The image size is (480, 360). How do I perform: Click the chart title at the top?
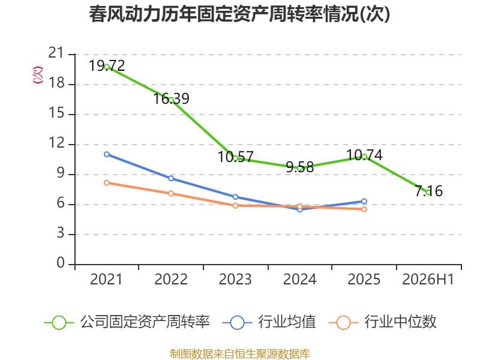239,14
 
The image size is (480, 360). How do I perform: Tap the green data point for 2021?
107,67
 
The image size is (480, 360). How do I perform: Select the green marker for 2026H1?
428,193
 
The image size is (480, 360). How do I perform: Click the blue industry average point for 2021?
107,154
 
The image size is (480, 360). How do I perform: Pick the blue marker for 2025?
364,202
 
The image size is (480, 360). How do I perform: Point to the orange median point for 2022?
171,193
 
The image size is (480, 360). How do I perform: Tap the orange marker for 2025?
364,209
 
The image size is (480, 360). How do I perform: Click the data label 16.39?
171,98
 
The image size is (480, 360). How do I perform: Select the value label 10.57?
235,157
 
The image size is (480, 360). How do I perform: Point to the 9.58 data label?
299,167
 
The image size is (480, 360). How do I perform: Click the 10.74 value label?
364,155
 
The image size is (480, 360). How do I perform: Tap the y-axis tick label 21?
56,53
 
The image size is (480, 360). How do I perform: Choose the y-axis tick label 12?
56,143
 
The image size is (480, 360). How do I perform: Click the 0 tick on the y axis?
61,263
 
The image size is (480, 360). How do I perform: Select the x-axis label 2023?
235,280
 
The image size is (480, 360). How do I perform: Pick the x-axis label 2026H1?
428,280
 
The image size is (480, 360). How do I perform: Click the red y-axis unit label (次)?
38,75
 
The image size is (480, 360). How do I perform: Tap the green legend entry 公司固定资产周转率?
127,322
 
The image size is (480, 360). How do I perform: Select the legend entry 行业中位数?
382,322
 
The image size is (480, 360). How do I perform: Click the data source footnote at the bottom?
240,354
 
